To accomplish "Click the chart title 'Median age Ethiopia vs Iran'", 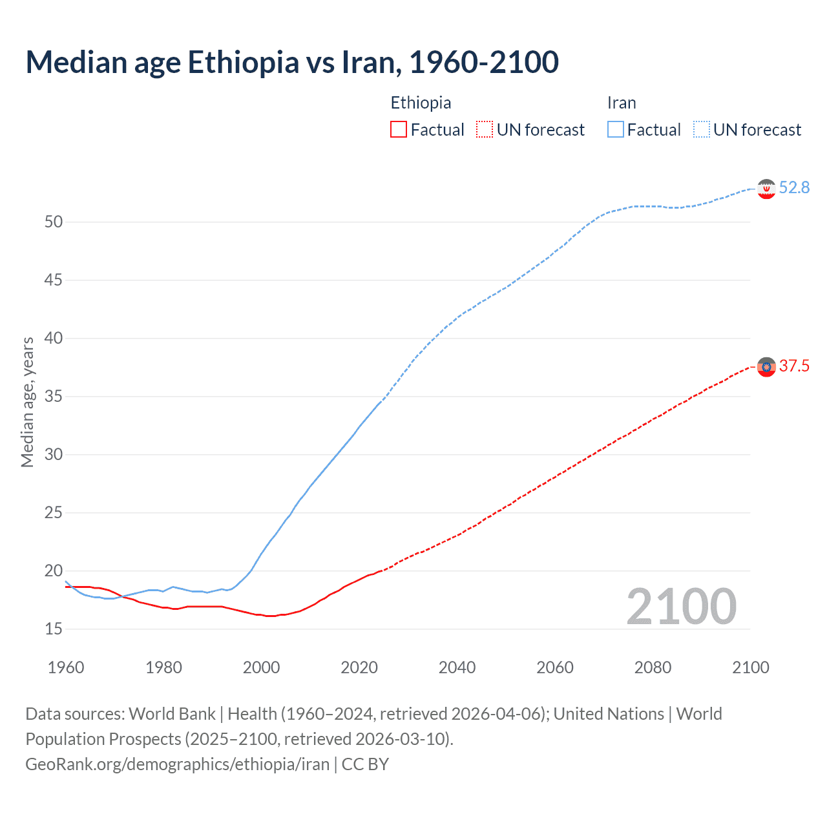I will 292,62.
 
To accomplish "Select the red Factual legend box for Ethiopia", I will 399,130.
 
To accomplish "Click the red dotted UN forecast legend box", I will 485,130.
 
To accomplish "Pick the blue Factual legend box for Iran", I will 615,130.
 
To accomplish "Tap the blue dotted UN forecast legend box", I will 701,130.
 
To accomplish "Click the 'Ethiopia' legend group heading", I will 421,103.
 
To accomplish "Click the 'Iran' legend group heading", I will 622,103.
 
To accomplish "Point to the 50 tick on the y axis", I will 54,222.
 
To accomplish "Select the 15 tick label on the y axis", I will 54,629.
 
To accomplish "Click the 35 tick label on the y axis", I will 54,396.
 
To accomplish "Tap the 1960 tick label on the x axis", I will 66,667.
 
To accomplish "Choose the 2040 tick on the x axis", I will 457,667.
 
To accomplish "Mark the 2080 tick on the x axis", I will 653,667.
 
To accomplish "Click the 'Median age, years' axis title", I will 27,402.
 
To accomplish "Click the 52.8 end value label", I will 794,188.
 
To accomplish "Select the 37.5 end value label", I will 794,366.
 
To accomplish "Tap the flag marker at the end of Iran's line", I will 766,189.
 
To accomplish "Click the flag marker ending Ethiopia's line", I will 766,367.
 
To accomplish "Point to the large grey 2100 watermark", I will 681,607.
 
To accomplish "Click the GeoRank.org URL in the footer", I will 178,764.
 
